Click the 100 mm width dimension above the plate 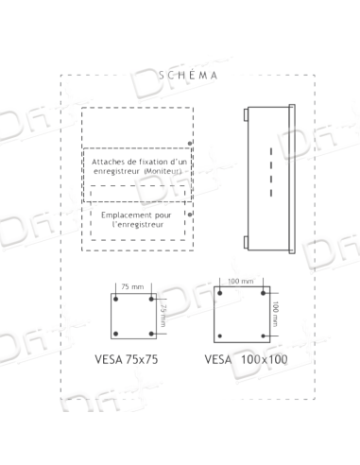243,280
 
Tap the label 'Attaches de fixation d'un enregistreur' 138,165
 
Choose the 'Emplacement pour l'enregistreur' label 138,218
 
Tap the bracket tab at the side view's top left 246,115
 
